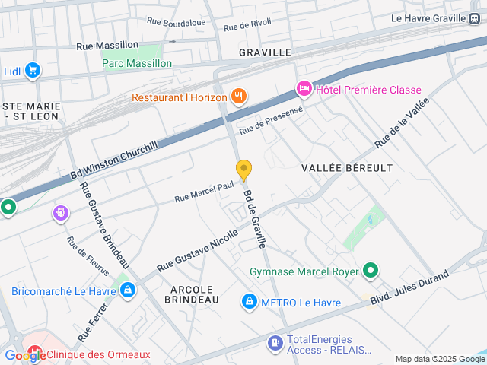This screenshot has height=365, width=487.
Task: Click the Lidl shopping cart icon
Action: click(32, 71)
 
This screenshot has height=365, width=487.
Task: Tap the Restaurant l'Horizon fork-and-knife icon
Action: click(239, 96)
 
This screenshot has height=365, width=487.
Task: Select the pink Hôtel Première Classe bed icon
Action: click(304, 90)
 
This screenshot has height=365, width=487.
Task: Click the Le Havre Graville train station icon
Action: click(476, 18)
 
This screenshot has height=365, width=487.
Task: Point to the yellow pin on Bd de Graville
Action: click(243, 170)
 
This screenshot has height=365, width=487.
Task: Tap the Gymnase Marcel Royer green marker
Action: click(371, 271)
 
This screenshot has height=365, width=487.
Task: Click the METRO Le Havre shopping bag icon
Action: click(249, 303)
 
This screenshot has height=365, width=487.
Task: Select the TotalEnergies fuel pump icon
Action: click(275, 344)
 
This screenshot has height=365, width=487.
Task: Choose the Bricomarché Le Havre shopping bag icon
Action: click(128, 290)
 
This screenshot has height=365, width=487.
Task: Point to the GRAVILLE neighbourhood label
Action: click(265, 52)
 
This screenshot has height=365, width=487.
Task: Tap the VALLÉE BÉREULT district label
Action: click(347, 167)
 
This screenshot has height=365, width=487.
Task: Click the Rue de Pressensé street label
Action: click(272, 120)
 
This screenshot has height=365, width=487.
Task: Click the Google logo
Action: click(24, 356)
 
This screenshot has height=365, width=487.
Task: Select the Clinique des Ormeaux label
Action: click(98, 354)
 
